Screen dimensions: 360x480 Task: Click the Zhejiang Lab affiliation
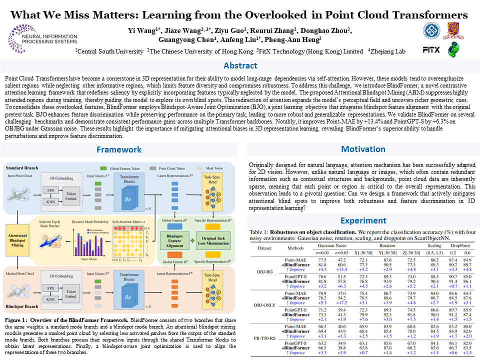(386, 51)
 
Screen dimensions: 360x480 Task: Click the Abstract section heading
(240, 66)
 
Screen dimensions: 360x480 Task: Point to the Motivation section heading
(363, 149)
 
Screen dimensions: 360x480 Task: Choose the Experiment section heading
(363, 220)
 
